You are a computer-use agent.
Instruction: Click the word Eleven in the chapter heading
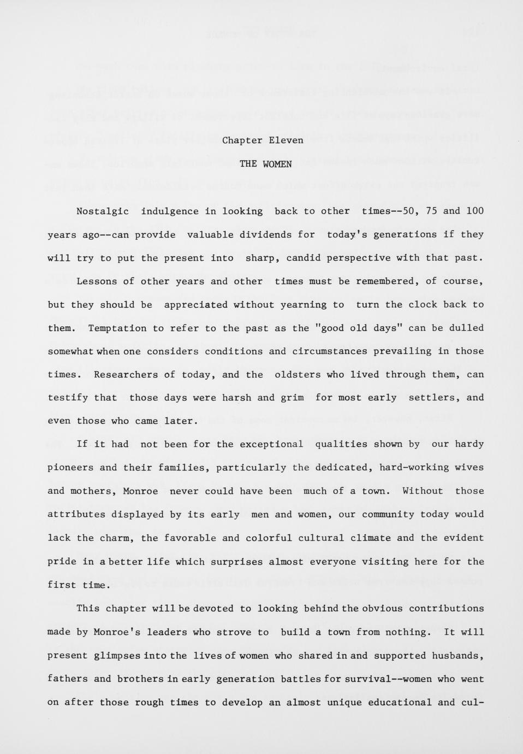286,140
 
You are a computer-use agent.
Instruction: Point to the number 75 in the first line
431,211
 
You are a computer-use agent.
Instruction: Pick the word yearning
303,305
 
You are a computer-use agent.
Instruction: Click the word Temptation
117,328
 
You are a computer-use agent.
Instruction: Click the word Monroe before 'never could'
140,491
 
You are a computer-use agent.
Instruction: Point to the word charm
116,538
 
